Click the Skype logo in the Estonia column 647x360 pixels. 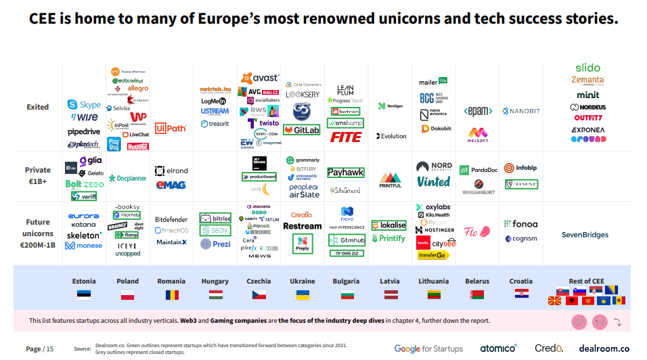point(84,105)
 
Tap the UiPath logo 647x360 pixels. point(170,127)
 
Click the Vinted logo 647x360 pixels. point(433,181)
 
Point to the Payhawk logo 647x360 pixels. point(346,173)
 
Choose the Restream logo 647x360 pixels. point(302,226)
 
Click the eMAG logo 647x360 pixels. point(171,184)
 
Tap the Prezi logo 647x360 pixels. point(215,243)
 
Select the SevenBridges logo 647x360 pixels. point(585,235)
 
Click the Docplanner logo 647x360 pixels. point(128,179)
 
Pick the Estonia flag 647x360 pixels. point(84,294)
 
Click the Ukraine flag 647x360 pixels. point(303,294)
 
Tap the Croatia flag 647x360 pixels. point(521,294)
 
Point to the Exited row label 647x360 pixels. point(38,107)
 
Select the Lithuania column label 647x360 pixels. point(433,281)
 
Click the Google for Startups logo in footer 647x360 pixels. point(428,348)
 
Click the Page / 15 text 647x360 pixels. point(39,348)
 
